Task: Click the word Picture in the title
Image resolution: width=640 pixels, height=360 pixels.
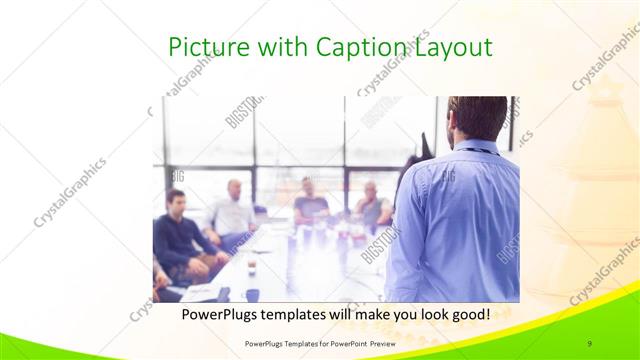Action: click(x=199, y=47)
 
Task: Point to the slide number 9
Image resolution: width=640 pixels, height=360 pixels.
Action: click(x=590, y=342)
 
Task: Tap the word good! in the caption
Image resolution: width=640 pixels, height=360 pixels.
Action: click(x=466, y=313)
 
